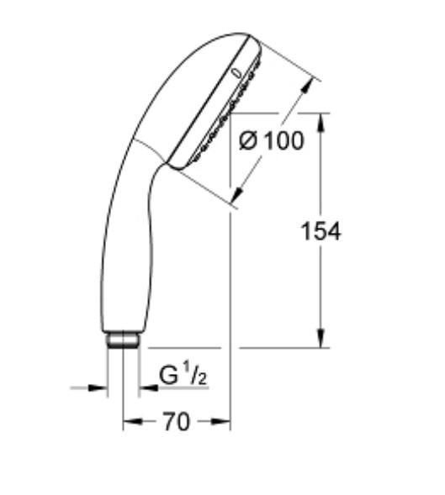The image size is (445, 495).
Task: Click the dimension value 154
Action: pos(321,232)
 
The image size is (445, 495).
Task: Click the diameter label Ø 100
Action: pos(271,140)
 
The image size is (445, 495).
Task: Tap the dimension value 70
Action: pos(176,423)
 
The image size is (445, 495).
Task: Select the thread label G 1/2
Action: pos(183,376)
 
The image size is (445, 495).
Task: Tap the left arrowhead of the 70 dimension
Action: pos(128,423)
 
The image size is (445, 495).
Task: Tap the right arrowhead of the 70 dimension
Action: pos(225,423)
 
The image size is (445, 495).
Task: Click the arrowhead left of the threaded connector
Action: pos(103,387)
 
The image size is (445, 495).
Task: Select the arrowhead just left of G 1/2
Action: pos(145,387)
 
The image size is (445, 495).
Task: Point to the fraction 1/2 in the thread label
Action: pos(196,376)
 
